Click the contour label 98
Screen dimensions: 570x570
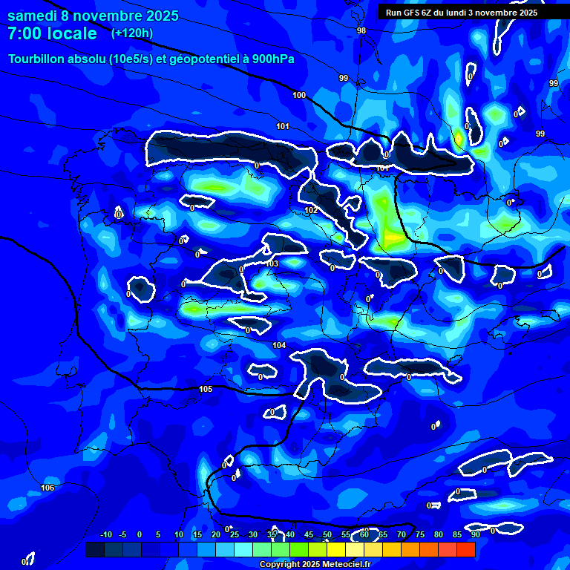[x=361, y=30]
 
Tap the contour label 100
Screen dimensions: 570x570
[x=299, y=95]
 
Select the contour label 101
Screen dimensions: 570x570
[x=283, y=126]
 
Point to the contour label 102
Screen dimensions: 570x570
[x=311, y=210]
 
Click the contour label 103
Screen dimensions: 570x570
[x=272, y=263]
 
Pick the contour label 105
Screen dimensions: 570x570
[x=206, y=389]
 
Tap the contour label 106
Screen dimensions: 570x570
[x=47, y=488]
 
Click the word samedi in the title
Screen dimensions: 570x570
[x=33, y=16]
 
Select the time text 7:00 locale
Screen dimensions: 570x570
[x=52, y=33]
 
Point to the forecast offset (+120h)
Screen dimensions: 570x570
[x=132, y=33]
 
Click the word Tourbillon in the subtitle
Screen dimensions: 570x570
[x=38, y=59]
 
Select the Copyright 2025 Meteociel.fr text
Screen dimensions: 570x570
[x=325, y=565]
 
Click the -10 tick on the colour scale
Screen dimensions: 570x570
[x=105, y=535]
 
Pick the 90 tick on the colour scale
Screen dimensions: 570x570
[x=475, y=535]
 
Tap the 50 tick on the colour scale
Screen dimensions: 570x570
[x=327, y=535]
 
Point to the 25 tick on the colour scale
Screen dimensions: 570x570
[x=235, y=535]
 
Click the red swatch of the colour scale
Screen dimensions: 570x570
[x=465, y=549]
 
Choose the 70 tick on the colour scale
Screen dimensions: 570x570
[x=402, y=535]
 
